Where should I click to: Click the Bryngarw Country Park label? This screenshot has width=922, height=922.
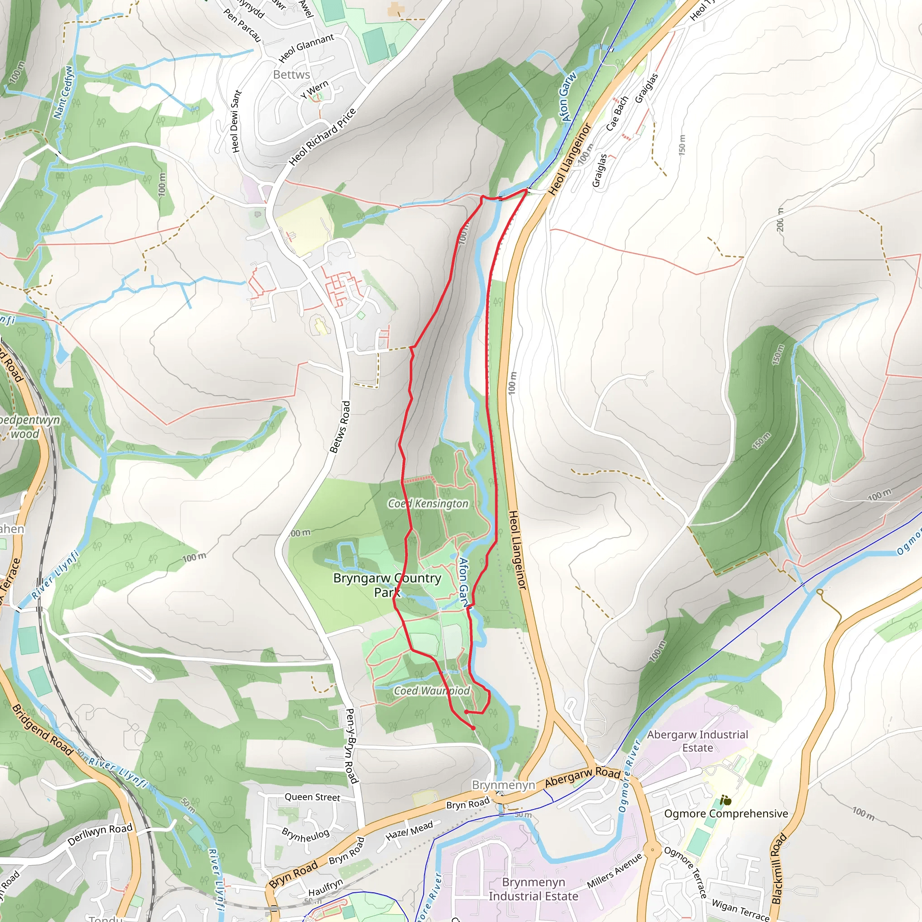387,585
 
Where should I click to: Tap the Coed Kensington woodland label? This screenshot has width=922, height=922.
428,503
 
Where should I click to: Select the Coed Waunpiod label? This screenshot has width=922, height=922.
431,691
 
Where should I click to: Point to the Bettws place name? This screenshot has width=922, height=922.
292,75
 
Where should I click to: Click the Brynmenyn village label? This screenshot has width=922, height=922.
503,785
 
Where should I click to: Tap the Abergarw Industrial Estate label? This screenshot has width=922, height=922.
697,741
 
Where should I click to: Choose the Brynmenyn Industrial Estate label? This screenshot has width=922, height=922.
533,889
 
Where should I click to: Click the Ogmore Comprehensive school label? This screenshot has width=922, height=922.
726,814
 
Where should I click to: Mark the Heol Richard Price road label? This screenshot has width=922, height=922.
323,136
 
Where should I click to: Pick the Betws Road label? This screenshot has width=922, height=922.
340,427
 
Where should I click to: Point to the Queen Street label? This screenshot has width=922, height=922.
312,797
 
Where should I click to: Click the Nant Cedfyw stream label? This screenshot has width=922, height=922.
63,92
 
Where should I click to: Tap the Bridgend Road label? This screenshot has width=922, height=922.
42,730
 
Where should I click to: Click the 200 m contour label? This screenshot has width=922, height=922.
780,220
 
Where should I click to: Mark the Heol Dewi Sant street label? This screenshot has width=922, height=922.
236,121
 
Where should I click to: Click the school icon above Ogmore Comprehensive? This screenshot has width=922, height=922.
726,800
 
